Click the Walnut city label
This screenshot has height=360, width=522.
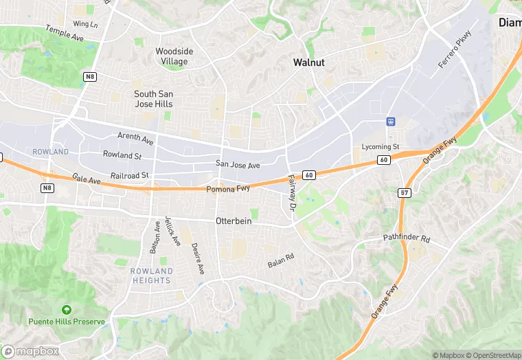tap(308, 63)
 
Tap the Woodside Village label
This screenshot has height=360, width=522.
tap(174, 56)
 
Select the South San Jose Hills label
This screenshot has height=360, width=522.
tap(153, 99)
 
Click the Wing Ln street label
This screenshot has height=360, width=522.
tap(85, 24)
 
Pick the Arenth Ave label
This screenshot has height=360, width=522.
tap(135, 139)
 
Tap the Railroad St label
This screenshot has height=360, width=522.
tap(130, 176)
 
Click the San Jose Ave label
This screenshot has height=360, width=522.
tap(238, 165)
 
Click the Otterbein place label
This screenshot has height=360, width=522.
tap(234, 222)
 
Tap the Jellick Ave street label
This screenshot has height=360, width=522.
tap(176, 232)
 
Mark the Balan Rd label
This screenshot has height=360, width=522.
tap(280, 261)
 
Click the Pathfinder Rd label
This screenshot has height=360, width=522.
tap(406, 239)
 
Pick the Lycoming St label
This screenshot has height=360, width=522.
tap(381, 147)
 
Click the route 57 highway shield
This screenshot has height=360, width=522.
tap(405, 193)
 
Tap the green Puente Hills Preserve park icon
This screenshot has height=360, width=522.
tap(66, 310)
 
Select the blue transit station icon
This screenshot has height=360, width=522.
tap(391, 122)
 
